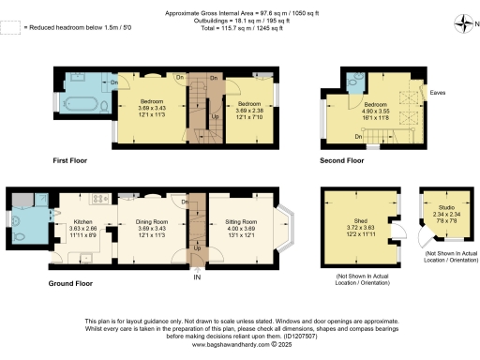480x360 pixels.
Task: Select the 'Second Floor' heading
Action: coord(342,160)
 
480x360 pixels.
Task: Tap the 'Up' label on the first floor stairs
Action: coord(217,116)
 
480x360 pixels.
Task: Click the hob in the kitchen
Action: coord(94,200)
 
